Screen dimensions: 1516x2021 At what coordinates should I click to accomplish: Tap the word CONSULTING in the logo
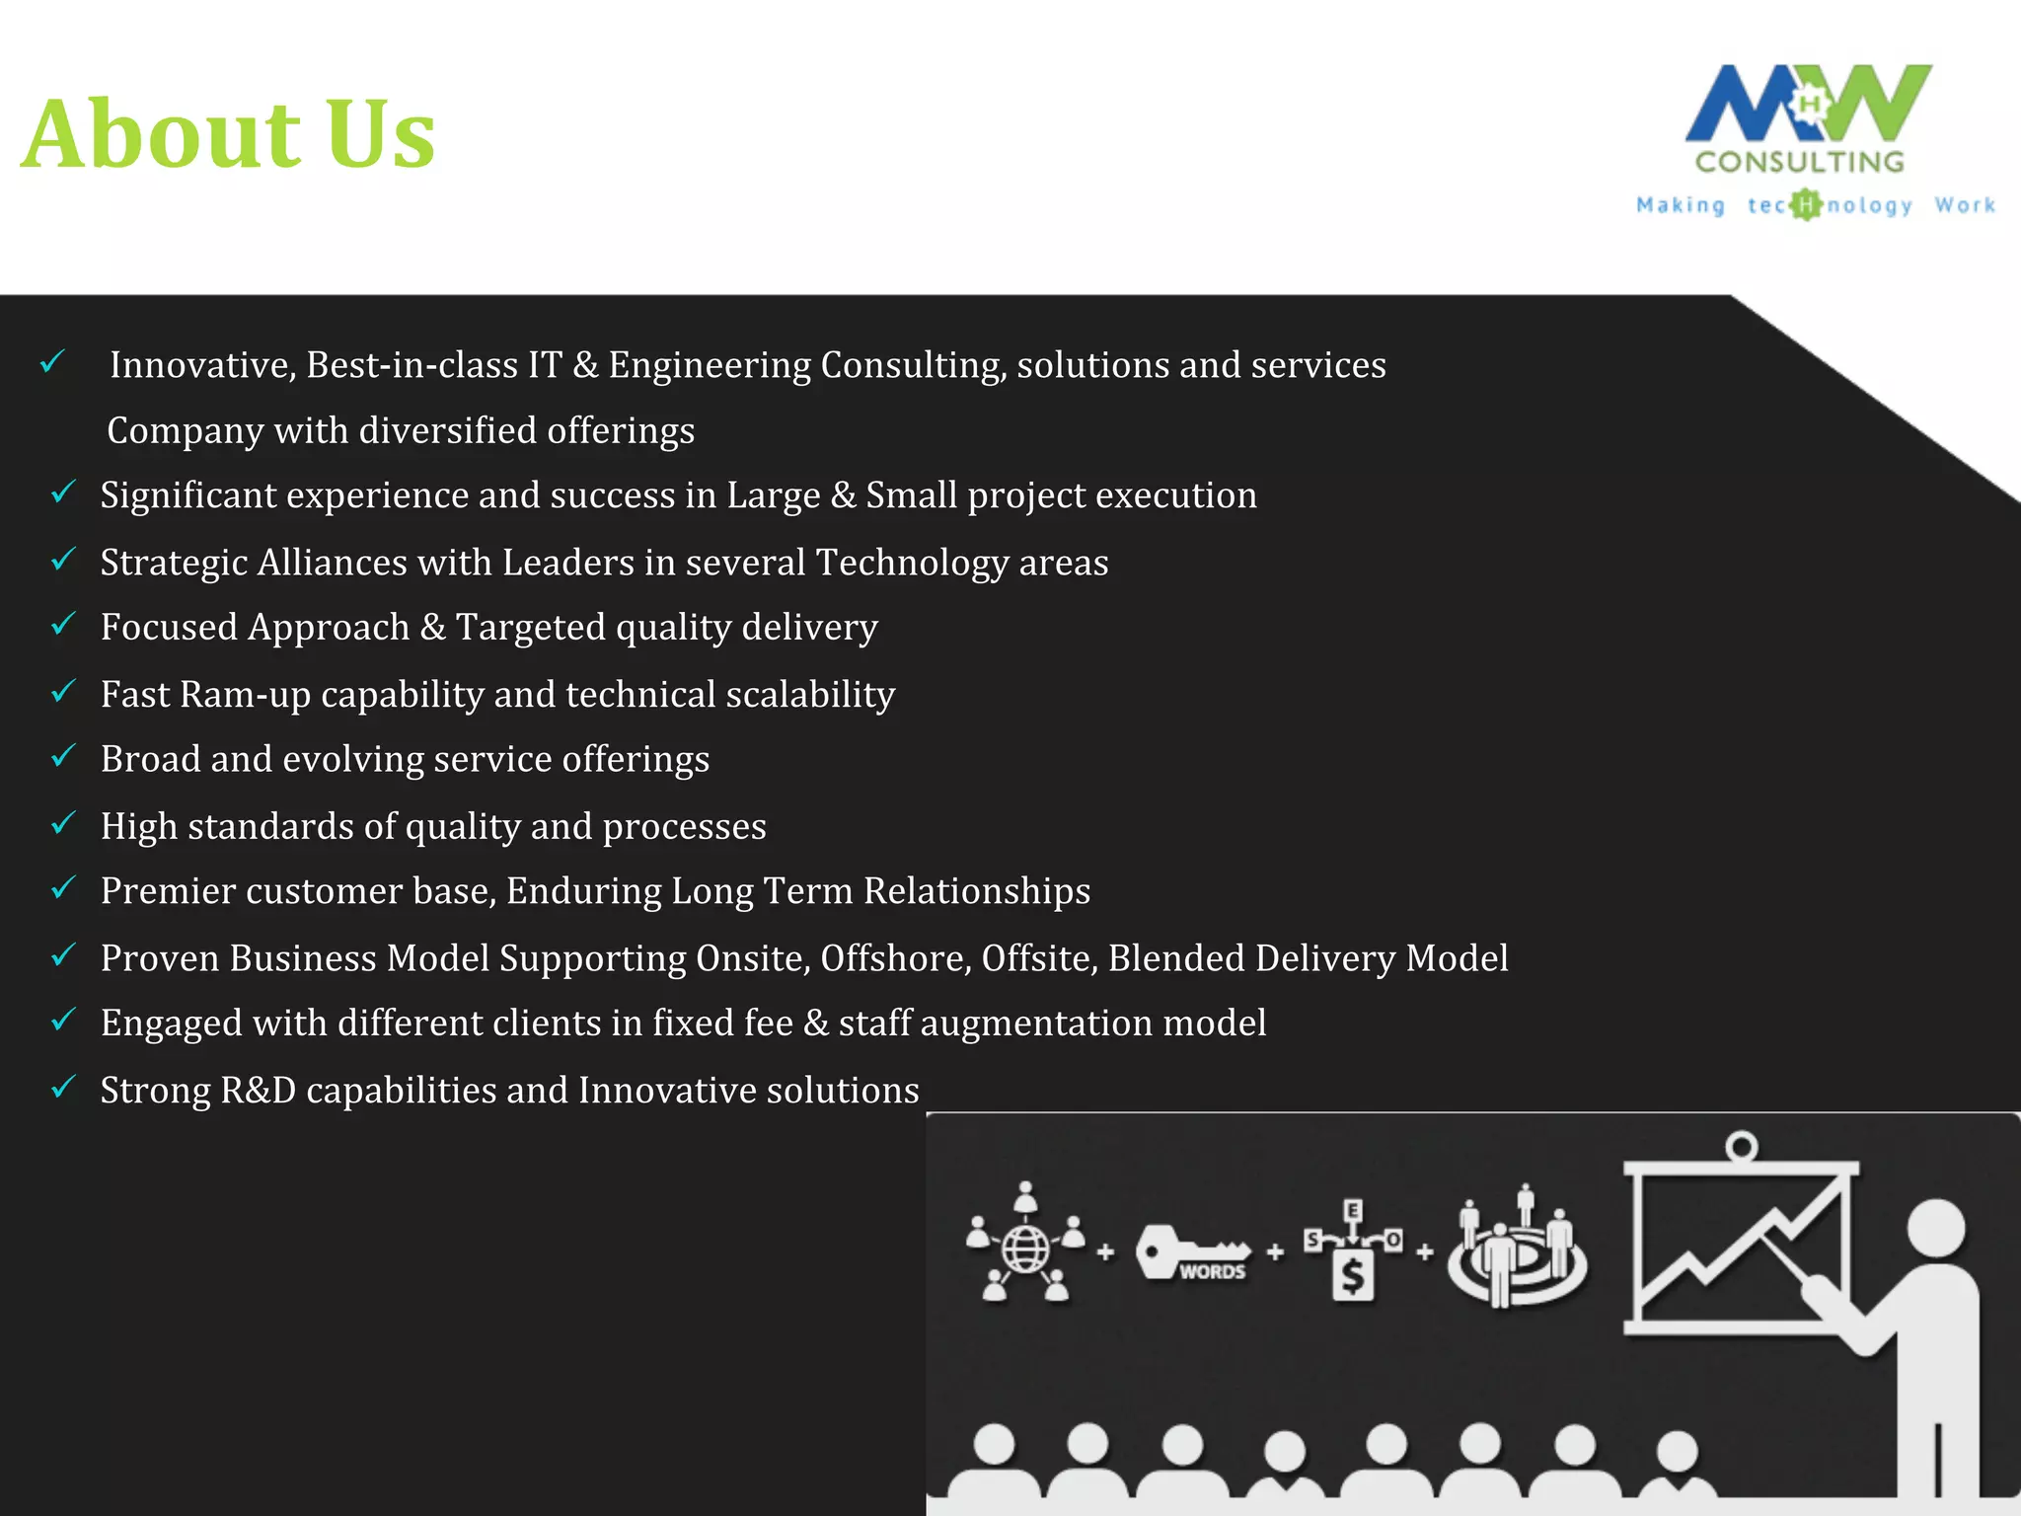click(1800, 162)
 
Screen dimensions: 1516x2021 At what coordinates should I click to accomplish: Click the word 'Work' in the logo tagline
click(1965, 205)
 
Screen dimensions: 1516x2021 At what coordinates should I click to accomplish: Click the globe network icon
click(1026, 1246)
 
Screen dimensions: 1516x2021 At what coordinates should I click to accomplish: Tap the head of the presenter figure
click(1936, 1230)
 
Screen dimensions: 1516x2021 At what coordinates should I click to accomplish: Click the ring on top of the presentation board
click(1742, 1147)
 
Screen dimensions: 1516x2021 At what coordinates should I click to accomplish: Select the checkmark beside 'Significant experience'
click(63, 492)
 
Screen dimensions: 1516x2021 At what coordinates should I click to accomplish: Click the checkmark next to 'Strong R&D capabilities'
click(63, 1087)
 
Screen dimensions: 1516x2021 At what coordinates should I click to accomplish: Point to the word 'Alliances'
click(333, 563)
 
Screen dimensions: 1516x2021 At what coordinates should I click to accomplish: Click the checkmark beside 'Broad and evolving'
click(63, 756)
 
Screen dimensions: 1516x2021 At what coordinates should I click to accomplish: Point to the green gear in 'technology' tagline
click(1805, 205)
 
